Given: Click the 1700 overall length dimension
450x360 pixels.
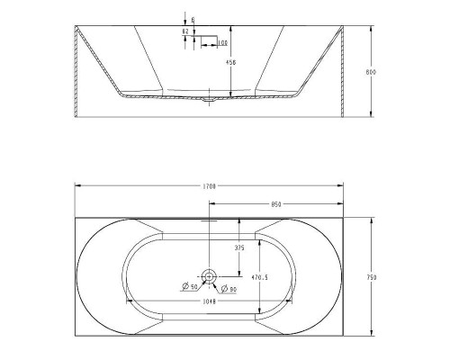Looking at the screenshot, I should [x=210, y=186].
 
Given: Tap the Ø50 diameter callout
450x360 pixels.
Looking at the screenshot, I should [x=190, y=287].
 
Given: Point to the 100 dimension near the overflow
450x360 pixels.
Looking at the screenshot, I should [x=221, y=42].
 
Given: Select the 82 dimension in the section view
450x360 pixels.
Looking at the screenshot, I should [x=185, y=31].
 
